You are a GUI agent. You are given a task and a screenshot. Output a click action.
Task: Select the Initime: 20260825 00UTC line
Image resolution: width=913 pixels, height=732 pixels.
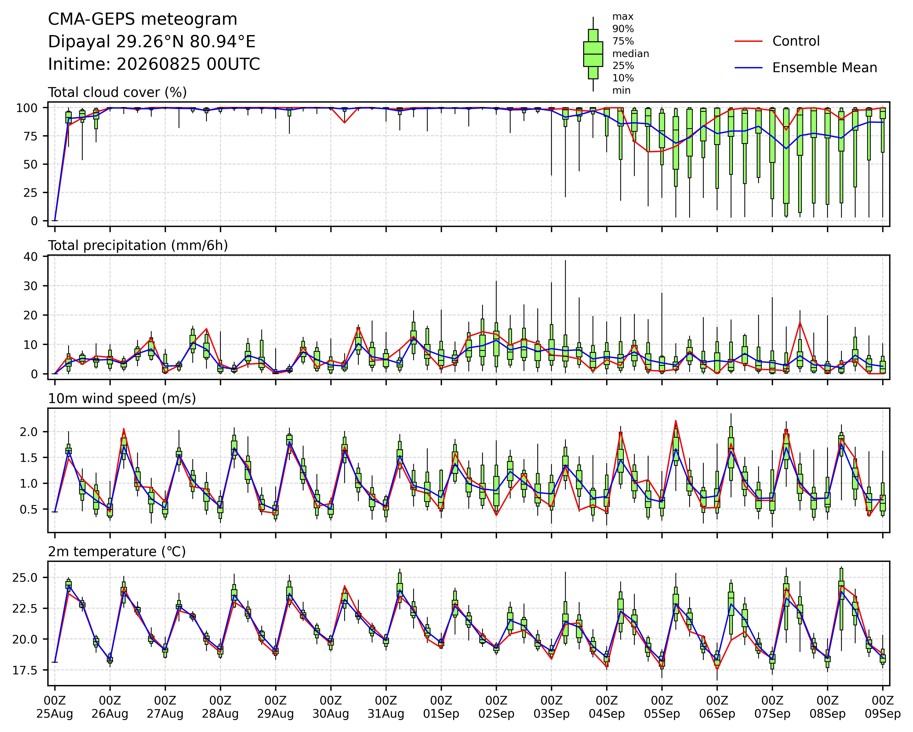click(x=154, y=64)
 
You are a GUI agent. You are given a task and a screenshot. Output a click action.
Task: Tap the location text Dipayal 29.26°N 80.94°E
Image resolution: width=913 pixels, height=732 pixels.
click(x=152, y=42)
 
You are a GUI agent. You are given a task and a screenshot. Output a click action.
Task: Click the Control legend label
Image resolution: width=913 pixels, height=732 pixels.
click(x=796, y=41)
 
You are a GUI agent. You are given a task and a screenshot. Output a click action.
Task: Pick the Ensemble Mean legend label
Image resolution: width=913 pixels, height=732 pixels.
click(x=825, y=68)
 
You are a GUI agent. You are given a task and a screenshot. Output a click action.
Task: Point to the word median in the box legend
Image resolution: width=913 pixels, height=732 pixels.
click(x=631, y=54)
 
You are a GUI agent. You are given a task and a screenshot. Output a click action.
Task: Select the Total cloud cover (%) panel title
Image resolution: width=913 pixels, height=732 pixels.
click(x=117, y=92)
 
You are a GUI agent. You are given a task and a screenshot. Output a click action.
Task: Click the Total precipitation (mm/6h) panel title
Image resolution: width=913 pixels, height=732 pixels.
click(x=138, y=246)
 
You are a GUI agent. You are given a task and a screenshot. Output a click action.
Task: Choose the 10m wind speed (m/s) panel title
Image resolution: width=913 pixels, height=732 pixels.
click(x=122, y=399)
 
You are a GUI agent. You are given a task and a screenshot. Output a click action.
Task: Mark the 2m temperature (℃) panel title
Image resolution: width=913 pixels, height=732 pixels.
click(x=117, y=552)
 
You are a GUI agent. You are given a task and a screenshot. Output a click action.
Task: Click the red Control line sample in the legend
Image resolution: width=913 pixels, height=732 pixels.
click(x=748, y=41)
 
